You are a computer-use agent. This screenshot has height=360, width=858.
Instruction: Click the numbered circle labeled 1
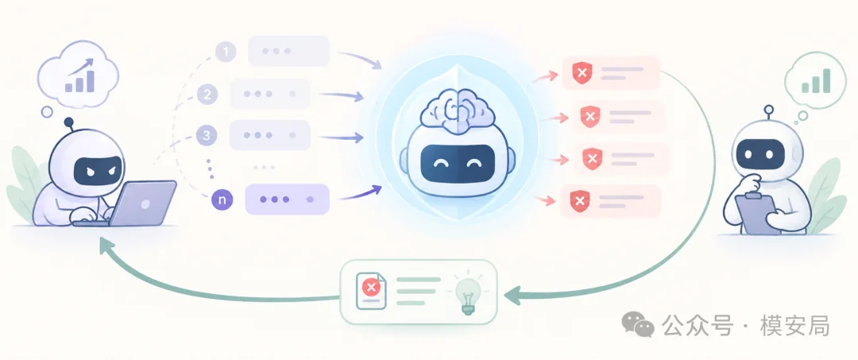226,52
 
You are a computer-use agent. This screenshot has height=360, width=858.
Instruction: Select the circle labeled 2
207,95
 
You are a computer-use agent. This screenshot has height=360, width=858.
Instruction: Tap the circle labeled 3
207,136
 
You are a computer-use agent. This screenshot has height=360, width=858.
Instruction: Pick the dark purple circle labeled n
222,200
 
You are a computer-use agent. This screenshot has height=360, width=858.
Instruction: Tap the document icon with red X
371,291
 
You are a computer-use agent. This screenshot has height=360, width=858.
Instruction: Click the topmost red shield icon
582,73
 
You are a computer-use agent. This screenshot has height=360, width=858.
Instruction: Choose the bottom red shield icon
580,201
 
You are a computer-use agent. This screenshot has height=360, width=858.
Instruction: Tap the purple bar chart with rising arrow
80,75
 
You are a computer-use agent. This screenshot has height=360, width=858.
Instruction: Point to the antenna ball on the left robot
69,122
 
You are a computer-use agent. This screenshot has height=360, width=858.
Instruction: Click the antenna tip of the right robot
769,110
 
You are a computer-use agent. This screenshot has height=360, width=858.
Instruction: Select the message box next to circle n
287,199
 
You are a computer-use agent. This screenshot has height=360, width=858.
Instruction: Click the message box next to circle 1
289,51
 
